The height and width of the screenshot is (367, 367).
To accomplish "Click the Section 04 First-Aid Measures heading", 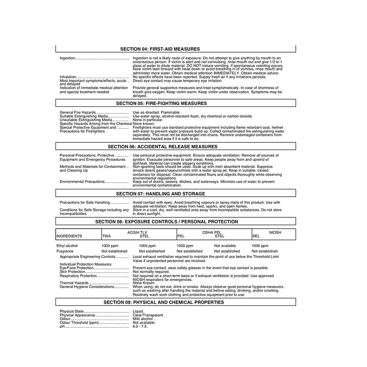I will pos(160,49).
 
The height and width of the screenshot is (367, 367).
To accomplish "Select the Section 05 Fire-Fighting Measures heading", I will pos(161,103).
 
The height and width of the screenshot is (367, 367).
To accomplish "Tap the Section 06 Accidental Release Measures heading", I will pos(167,147).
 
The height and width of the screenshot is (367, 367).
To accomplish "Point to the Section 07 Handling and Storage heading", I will pos(161,194).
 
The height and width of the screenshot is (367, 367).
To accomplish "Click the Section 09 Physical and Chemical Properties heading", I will pos(164,302).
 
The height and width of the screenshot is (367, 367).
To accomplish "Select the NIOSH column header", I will pos(275,232).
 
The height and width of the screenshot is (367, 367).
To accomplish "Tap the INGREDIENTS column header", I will pos(69,236).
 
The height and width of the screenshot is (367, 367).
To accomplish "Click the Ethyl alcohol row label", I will pos(67,246).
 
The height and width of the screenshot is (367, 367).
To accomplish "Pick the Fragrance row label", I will pos(65,251).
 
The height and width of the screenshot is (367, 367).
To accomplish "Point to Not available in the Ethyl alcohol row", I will pos(225,246).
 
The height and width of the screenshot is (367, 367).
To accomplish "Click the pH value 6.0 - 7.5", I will pos(140,326).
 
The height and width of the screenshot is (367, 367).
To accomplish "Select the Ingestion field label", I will pos(68,58).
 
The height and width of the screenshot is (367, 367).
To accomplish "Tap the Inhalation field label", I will pos(68,77).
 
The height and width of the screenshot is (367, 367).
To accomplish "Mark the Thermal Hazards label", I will pos(74,283).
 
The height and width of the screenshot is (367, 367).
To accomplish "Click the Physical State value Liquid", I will pos(138,312).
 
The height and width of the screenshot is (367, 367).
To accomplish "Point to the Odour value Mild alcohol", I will pos(143,319).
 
